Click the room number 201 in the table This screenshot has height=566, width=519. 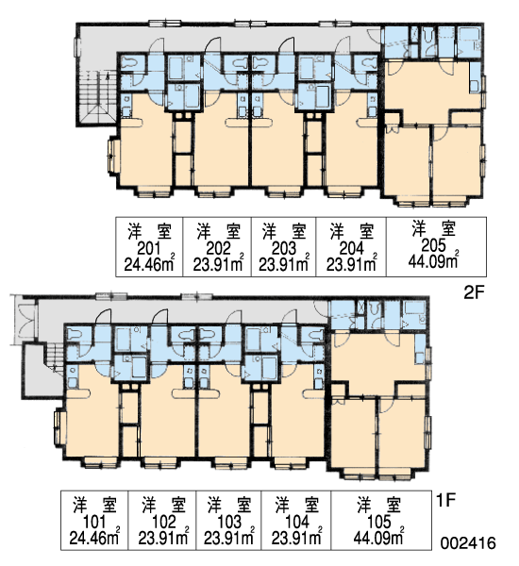(148, 248)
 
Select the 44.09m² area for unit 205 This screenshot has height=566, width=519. (434, 260)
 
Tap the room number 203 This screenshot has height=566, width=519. (283, 248)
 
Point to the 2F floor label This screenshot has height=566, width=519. (473, 293)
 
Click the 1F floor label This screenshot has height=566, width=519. (445, 500)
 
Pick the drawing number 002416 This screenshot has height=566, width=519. (468, 543)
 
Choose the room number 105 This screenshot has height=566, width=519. (378, 522)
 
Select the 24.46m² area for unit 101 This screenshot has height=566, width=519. (94, 538)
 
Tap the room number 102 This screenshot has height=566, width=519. (163, 522)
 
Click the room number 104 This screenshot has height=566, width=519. (297, 522)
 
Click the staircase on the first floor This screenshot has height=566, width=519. (54, 358)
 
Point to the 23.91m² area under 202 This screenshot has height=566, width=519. (218, 264)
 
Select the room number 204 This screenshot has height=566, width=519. (352, 248)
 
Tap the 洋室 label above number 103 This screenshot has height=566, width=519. (229, 505)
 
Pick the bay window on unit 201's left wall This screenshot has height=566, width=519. (113, 156)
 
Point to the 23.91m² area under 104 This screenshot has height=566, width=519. (296, 538)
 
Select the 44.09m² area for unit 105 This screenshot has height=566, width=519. (378, 538)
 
